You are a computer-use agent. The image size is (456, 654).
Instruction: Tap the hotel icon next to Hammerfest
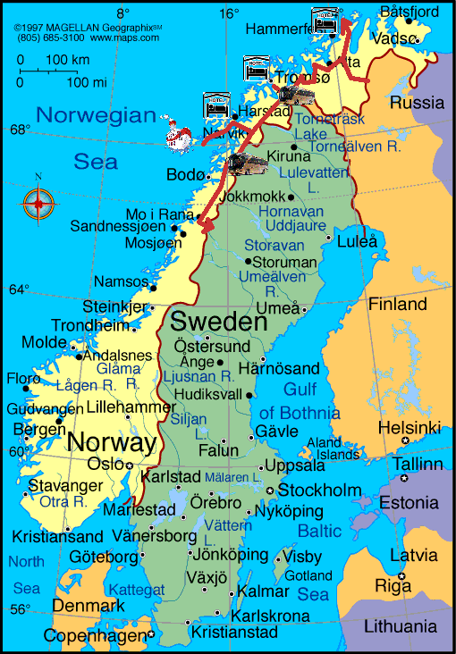pyautogui.click(x=325, y=19)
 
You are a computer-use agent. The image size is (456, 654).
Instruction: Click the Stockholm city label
pyautogui.click(x=319, y=490)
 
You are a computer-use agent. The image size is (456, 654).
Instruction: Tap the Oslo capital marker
pyautogui.click(x=118, y=465)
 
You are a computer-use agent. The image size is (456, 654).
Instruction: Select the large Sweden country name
pyautogui.click(x=219, y=321)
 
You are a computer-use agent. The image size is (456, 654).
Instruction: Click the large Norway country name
pyautogui.click(x=112, y=441)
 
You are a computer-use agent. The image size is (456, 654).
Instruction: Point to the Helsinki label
pyautogui.click(x=410, y=427)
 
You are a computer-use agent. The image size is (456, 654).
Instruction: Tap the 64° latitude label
pyautogui.click(x=19, y=289)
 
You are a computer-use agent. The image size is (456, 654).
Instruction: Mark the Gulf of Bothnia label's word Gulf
pyautogui.click(x=300, y=389)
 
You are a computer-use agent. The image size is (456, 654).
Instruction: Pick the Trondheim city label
pyautogui.click(x=90, y=326)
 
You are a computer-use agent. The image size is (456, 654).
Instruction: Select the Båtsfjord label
pyautogui.click(x=409, y=13)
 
